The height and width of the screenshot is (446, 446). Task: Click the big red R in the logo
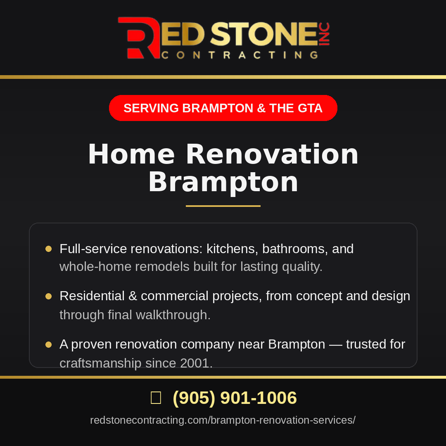[x=140, y=38]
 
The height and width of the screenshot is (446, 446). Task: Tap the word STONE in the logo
[x=263, y=34]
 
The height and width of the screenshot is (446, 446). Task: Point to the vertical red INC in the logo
[x=324, y=34]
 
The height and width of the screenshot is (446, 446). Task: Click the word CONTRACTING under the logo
[x=240, y=55]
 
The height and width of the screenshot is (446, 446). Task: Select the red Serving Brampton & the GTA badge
[x=223, y=108]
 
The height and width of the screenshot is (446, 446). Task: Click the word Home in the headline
[x=131, y=154]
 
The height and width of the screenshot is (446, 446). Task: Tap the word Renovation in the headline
[x=272, y=154]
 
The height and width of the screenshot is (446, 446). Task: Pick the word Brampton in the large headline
[x=223, y=183]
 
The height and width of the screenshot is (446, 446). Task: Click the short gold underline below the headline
[x=223, y=206]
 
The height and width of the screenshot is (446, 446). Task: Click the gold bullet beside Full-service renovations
[x=49, y=249]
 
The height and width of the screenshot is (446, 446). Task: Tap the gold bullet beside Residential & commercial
[x=49, y=297]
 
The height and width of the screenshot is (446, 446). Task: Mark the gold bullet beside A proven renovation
[x=49, y=345]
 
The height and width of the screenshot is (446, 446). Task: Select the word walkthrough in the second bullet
[x=173, y=315]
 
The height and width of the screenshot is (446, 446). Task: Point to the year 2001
[x=196, y=363]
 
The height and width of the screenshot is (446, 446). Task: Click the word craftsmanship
[x=100, y=363]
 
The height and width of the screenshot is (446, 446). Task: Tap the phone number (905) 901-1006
[x=235, y=397]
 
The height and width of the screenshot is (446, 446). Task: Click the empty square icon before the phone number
[x=156, y=397]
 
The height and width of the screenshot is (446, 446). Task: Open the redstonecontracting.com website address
[x=223, y=420]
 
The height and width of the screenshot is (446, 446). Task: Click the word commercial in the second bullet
[x=175, y=296]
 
